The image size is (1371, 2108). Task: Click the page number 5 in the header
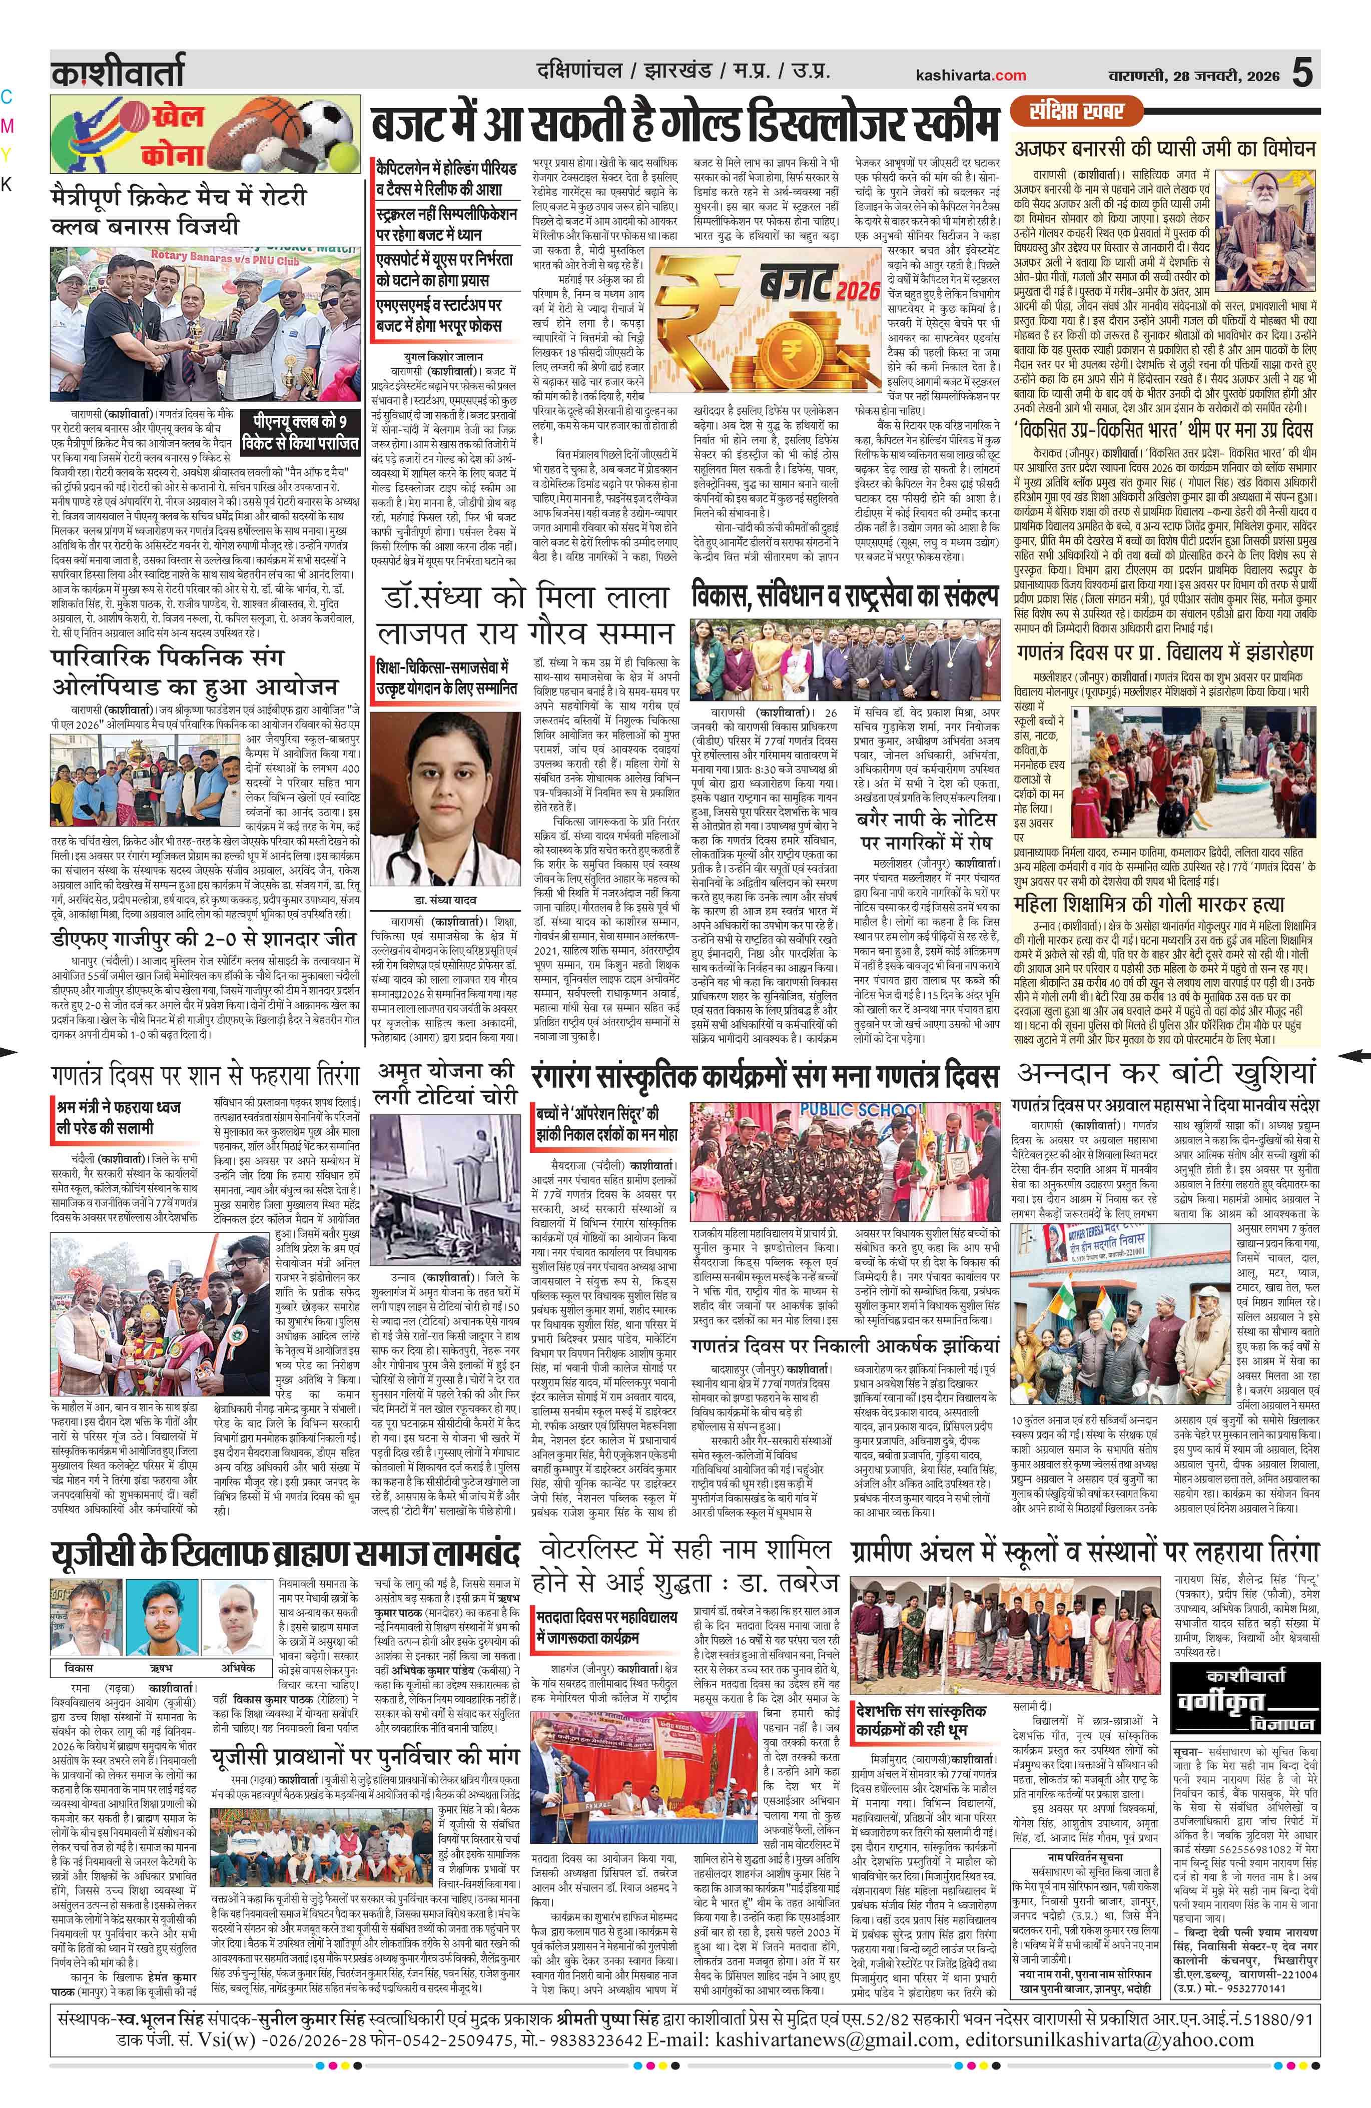(x=1302, y=72)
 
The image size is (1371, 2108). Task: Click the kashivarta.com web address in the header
(x=972, y=75)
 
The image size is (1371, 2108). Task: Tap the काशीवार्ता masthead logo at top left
(x=117, y=71)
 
